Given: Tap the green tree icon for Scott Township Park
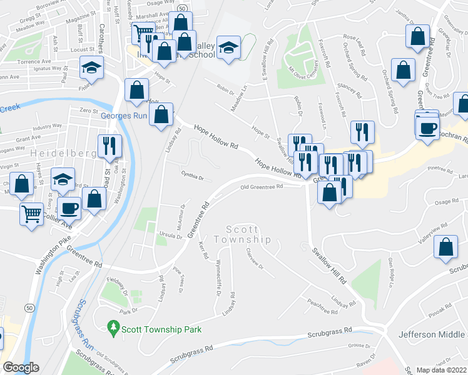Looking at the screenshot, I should pos(113,326).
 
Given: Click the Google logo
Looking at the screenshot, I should pos(21,367).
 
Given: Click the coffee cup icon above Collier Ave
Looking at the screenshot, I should pos(69,207).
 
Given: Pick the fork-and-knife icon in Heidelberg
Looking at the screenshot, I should pos(110,146).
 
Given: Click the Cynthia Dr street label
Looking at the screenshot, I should pos(192,177).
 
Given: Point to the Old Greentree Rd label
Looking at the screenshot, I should pos(262,186).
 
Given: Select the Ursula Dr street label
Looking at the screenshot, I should pos(171,236).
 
